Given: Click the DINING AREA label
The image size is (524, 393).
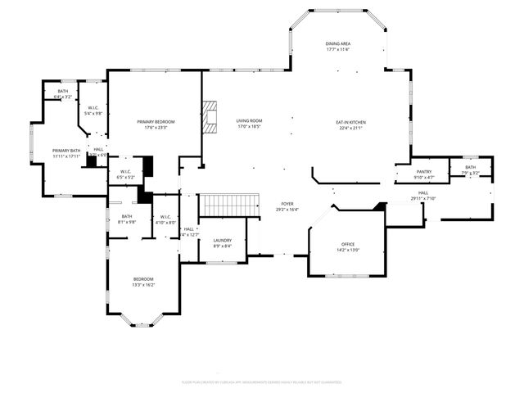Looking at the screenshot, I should pos(338,44).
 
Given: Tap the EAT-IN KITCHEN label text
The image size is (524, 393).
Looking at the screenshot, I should pos(350,122).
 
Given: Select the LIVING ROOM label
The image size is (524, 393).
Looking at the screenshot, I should pos(248,121).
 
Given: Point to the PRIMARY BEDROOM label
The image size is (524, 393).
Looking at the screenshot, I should pos(156,121).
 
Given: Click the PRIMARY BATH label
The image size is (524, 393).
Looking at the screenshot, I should pos(66,151).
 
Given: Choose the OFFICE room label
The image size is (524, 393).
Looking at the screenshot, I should pos(348,245).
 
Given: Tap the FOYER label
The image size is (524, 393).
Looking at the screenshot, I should pos(287,204).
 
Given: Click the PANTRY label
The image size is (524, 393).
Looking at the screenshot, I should pos(424,171).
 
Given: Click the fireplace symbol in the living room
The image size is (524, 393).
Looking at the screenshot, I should pos(212,116).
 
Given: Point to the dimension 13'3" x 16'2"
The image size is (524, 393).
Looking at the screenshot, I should pos(144,285).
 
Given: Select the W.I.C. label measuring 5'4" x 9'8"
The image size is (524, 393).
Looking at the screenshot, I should pos(94,114).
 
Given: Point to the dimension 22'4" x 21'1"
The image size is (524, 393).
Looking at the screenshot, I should pos(350,128).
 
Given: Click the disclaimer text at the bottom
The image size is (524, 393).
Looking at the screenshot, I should pos(261,382).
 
